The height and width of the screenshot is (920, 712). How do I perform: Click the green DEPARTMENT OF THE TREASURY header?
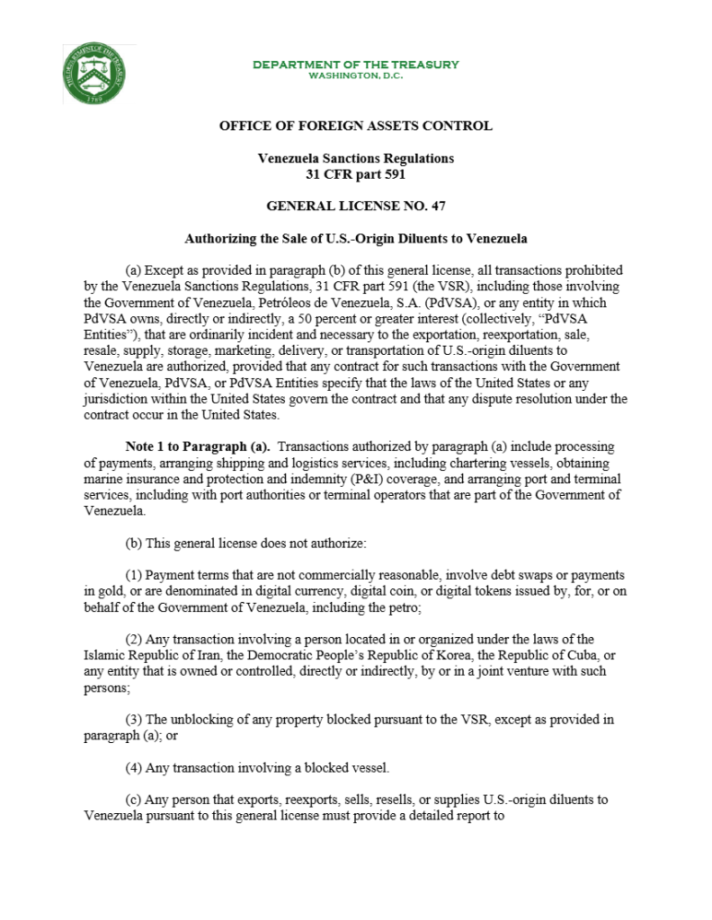[x=355, y=65]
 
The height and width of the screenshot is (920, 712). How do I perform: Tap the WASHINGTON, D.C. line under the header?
[x=355, y=75]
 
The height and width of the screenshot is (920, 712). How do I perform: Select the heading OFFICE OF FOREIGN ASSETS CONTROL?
[x=355, y=126]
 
